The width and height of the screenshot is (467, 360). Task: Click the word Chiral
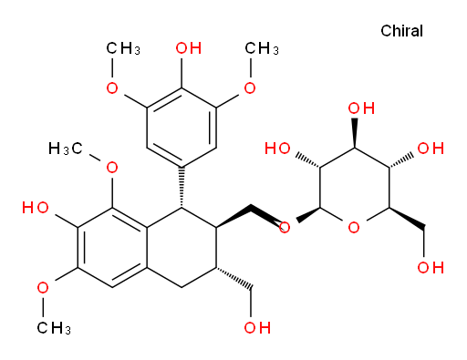point(401,31)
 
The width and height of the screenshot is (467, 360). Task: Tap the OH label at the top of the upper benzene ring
point(189,48)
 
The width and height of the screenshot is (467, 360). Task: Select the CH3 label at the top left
point(123,48)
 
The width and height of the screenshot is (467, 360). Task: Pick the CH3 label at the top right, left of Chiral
point(262,48)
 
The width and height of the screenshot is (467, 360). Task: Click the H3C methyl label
point(65,149)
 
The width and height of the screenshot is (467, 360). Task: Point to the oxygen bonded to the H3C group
point(112,168)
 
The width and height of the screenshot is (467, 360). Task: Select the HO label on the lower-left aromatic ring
point(36,208)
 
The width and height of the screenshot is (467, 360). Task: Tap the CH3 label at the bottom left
point(54,328)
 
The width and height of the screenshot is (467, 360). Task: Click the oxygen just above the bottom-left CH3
point(43,288)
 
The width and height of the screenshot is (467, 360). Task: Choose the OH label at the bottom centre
point(257,327)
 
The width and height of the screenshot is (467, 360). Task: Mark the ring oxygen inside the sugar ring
point(354,228)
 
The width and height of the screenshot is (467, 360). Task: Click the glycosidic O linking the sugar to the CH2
point(285,228)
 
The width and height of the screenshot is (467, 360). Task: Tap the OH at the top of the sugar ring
point(361,108)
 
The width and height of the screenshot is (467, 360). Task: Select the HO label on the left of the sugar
point(277,149)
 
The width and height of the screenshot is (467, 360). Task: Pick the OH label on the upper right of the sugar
point(431,149)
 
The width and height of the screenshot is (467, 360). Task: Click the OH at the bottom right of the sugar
point(431,268)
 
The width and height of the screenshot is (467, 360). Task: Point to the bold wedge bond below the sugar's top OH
point(355,132)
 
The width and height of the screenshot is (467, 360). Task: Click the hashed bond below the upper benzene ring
point(182,188)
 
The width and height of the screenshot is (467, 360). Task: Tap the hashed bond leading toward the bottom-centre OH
point(233,278)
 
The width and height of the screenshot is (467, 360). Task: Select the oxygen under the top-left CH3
point(112,88)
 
